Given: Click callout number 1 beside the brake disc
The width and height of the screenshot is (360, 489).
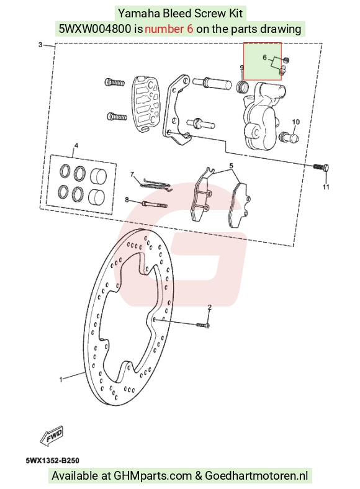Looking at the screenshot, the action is pyautogui.click(x=61, y=380).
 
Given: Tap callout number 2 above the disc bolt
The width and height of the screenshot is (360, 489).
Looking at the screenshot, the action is pyautogui.click(x=209, y=308).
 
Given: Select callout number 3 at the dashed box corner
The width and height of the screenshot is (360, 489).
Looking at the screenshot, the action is pyautogui.click(x=40, y=45).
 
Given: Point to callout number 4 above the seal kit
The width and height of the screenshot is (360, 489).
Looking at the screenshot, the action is pyautogui.click(x=76, y=145).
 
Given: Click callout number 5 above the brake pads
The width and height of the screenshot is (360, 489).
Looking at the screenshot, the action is pyautogui.click(x=231, y=166).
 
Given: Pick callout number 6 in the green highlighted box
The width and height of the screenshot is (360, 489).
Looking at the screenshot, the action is pyautogui.click(x=265, y=57).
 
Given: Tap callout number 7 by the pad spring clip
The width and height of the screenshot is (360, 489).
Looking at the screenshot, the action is pyautogui.click(x=132, y=174).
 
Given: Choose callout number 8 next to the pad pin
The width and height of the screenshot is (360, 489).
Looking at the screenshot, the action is pyautogui.click(x=127, y=199).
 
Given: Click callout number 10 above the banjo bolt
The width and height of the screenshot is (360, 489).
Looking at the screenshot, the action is pyautogui.click(x=295, y=122).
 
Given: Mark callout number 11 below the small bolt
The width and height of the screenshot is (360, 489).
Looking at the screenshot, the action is pyautogui.click(x=326, y=187).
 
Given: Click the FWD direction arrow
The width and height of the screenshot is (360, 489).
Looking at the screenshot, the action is pyautogui.click(x=52, y=436).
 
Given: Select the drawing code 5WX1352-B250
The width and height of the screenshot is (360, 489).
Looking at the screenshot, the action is pyautogui.click(x=53, y=460).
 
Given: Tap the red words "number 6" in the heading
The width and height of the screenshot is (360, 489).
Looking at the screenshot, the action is pyautogui.click(x=169, y=29).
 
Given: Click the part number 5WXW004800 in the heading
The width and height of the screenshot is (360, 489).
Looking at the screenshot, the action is pyautogui.click(x=95, y=29).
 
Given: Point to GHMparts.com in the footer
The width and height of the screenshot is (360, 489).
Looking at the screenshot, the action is pyautogui.click(x=153, y=476).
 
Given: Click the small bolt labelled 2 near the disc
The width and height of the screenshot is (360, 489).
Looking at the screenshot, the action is pyautogui.click(x=203, y=325).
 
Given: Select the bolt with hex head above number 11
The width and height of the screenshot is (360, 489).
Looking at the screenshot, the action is pyautogui.click(x=322, y=168).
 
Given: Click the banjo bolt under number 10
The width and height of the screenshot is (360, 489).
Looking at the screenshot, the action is pyautogui.click(x=290, y=137).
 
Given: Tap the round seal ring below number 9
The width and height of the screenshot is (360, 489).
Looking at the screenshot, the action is pyautogui.click(x=243, y=86).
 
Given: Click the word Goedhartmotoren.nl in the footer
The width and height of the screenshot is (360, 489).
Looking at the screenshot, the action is pyautogui.click(x=257, y=476).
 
